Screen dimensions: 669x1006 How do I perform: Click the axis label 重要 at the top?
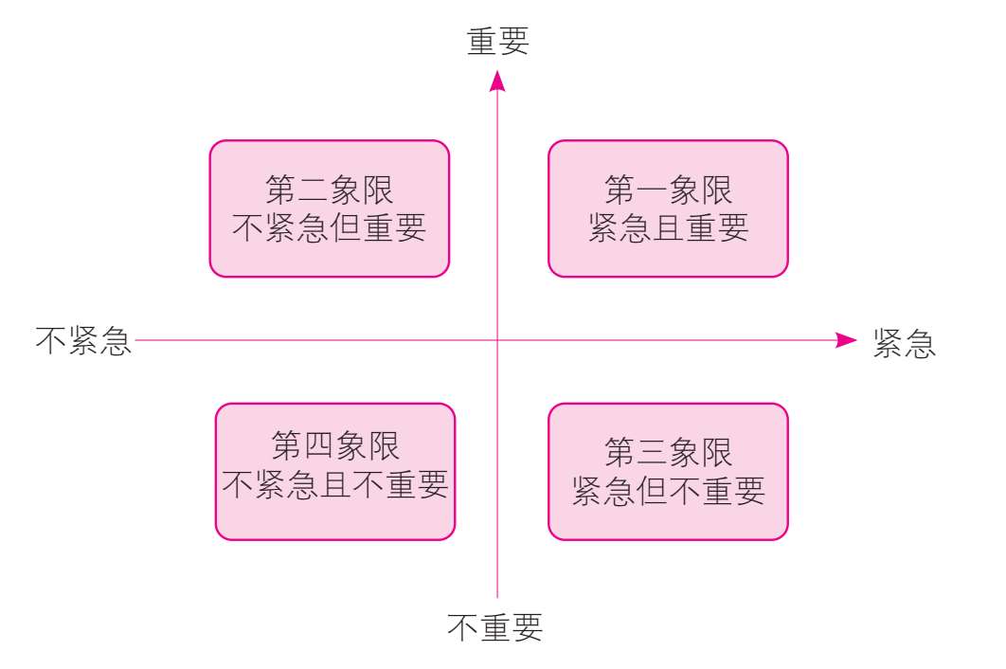click(497, 42)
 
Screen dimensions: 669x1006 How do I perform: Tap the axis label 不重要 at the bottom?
click(495, 627)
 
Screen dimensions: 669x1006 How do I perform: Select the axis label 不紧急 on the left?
click(83, 341)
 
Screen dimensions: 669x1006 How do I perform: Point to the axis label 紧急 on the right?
click(905, 343)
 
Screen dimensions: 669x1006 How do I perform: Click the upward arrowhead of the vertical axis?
click(497, 82)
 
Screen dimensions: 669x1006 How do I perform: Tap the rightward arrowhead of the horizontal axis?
click(846, 340)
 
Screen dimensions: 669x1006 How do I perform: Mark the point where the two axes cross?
click(497, 340)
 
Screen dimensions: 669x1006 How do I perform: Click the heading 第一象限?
click(669, 191)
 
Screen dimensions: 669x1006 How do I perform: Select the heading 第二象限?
click(329, 191)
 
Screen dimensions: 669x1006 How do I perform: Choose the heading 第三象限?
click(669, 454)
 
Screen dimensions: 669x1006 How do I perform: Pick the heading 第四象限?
click(335, 445)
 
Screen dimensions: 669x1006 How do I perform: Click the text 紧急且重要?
click(669, 228)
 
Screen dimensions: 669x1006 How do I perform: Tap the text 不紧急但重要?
click(329, 228)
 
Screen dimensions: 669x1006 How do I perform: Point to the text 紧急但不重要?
click(669, 491)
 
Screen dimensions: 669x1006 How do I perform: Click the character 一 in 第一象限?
click(653, 192)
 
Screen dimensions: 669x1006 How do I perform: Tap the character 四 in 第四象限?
click(319, 445)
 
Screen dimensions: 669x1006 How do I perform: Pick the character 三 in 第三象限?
click(653, 454)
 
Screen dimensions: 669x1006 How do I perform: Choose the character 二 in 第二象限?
click(313, 191)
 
